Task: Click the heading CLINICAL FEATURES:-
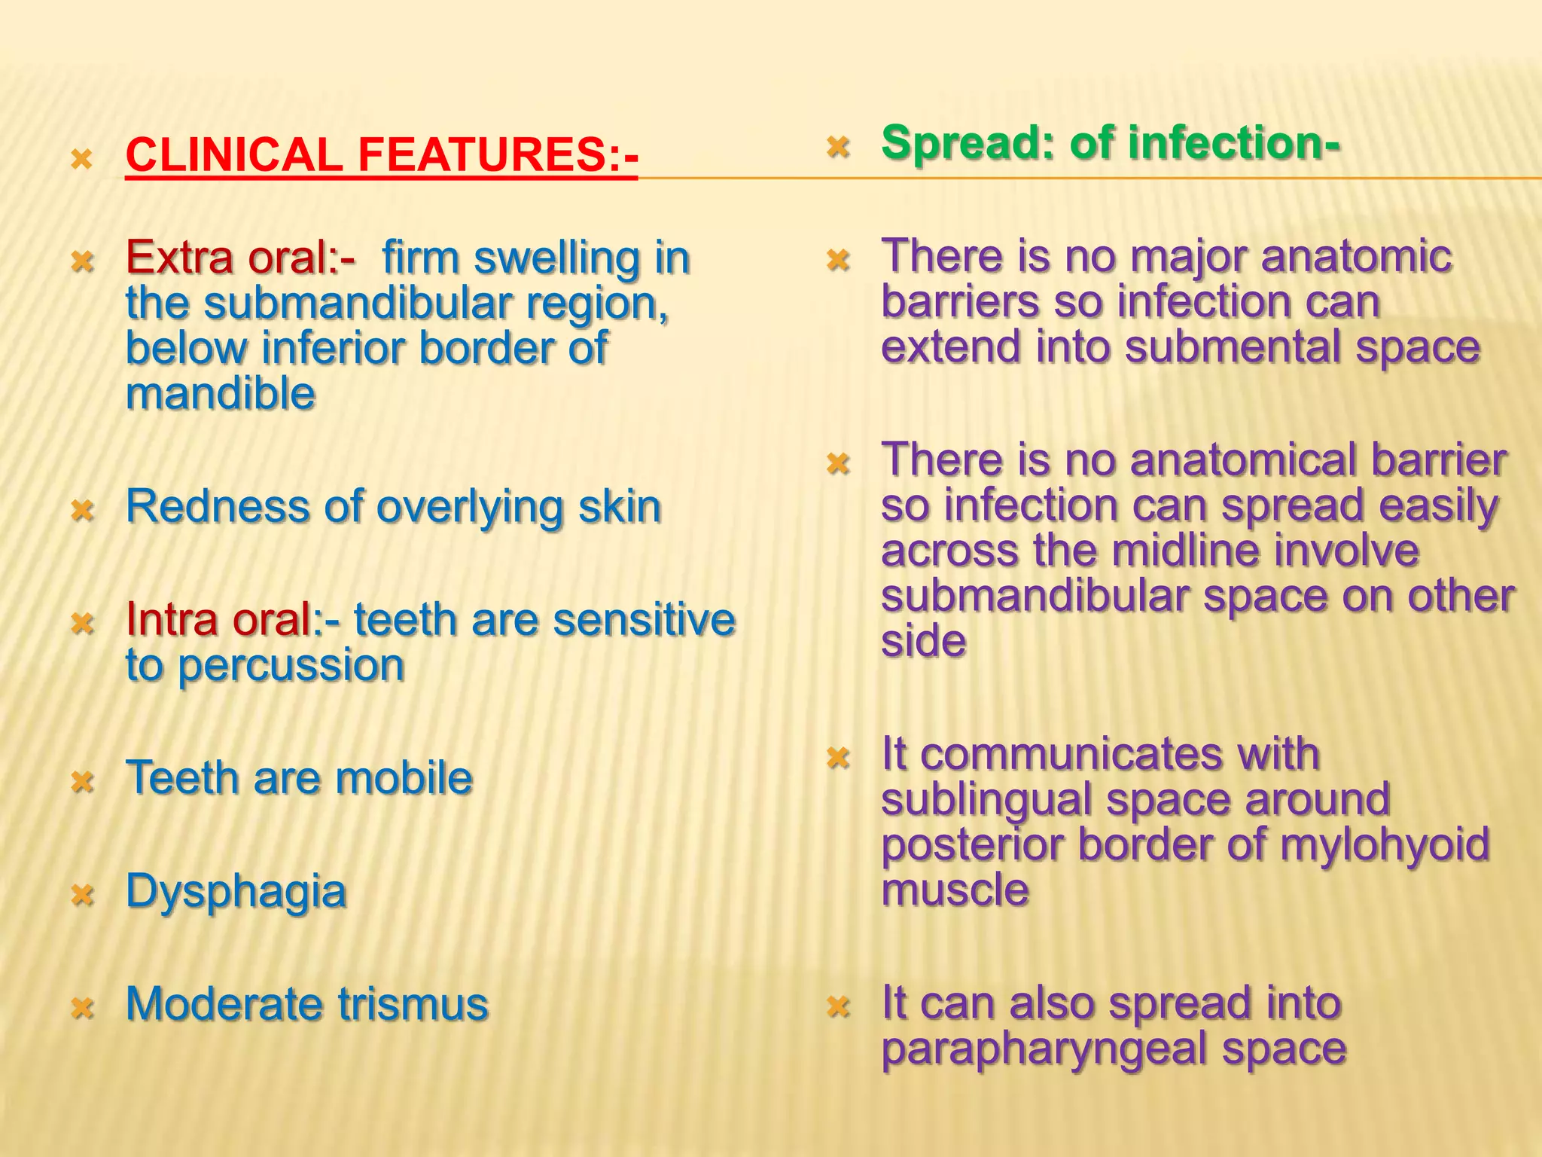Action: point(382,155)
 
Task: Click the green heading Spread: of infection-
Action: point(1110,143)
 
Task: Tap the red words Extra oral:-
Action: point(239,258)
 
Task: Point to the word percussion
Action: point(291,667)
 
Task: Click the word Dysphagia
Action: point(236,891)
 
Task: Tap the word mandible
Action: point(220,394)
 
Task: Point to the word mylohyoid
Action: point(1385,845)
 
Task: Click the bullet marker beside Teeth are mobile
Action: point(83,781)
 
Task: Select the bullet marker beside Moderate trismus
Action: point(83,1007)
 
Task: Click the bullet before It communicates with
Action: point(837,756)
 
